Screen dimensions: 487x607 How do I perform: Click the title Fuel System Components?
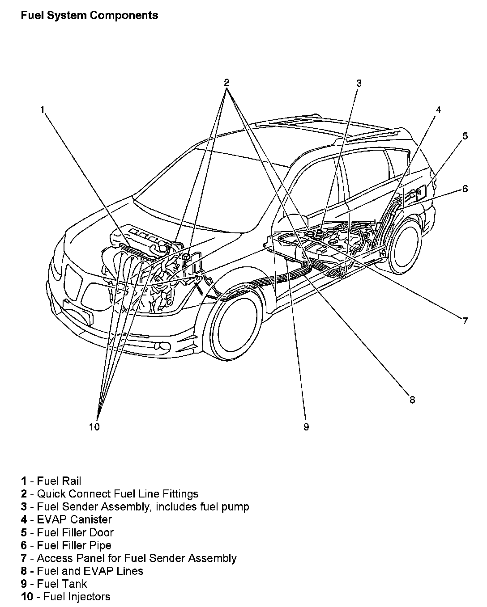(x=89, y=15)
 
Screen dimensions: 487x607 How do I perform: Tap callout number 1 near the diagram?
(x=43, y=110)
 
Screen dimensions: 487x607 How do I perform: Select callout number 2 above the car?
(x=226, y=83)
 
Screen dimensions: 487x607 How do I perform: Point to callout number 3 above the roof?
(x=359, y=83)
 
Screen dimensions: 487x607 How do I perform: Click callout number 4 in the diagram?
(x=438, y=110)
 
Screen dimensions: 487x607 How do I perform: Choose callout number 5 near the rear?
(x=465, y=136)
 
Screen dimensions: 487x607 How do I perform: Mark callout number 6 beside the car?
(x=465, y=189)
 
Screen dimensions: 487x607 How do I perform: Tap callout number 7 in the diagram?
(x=465, y=320)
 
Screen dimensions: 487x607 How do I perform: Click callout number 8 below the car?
(x=412, y=400)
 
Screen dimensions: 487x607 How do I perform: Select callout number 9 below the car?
(x=306, y=427)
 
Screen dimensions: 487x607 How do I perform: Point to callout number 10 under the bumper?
(x=94, y=427)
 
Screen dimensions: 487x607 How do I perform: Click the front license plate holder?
(x=78, y=312)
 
